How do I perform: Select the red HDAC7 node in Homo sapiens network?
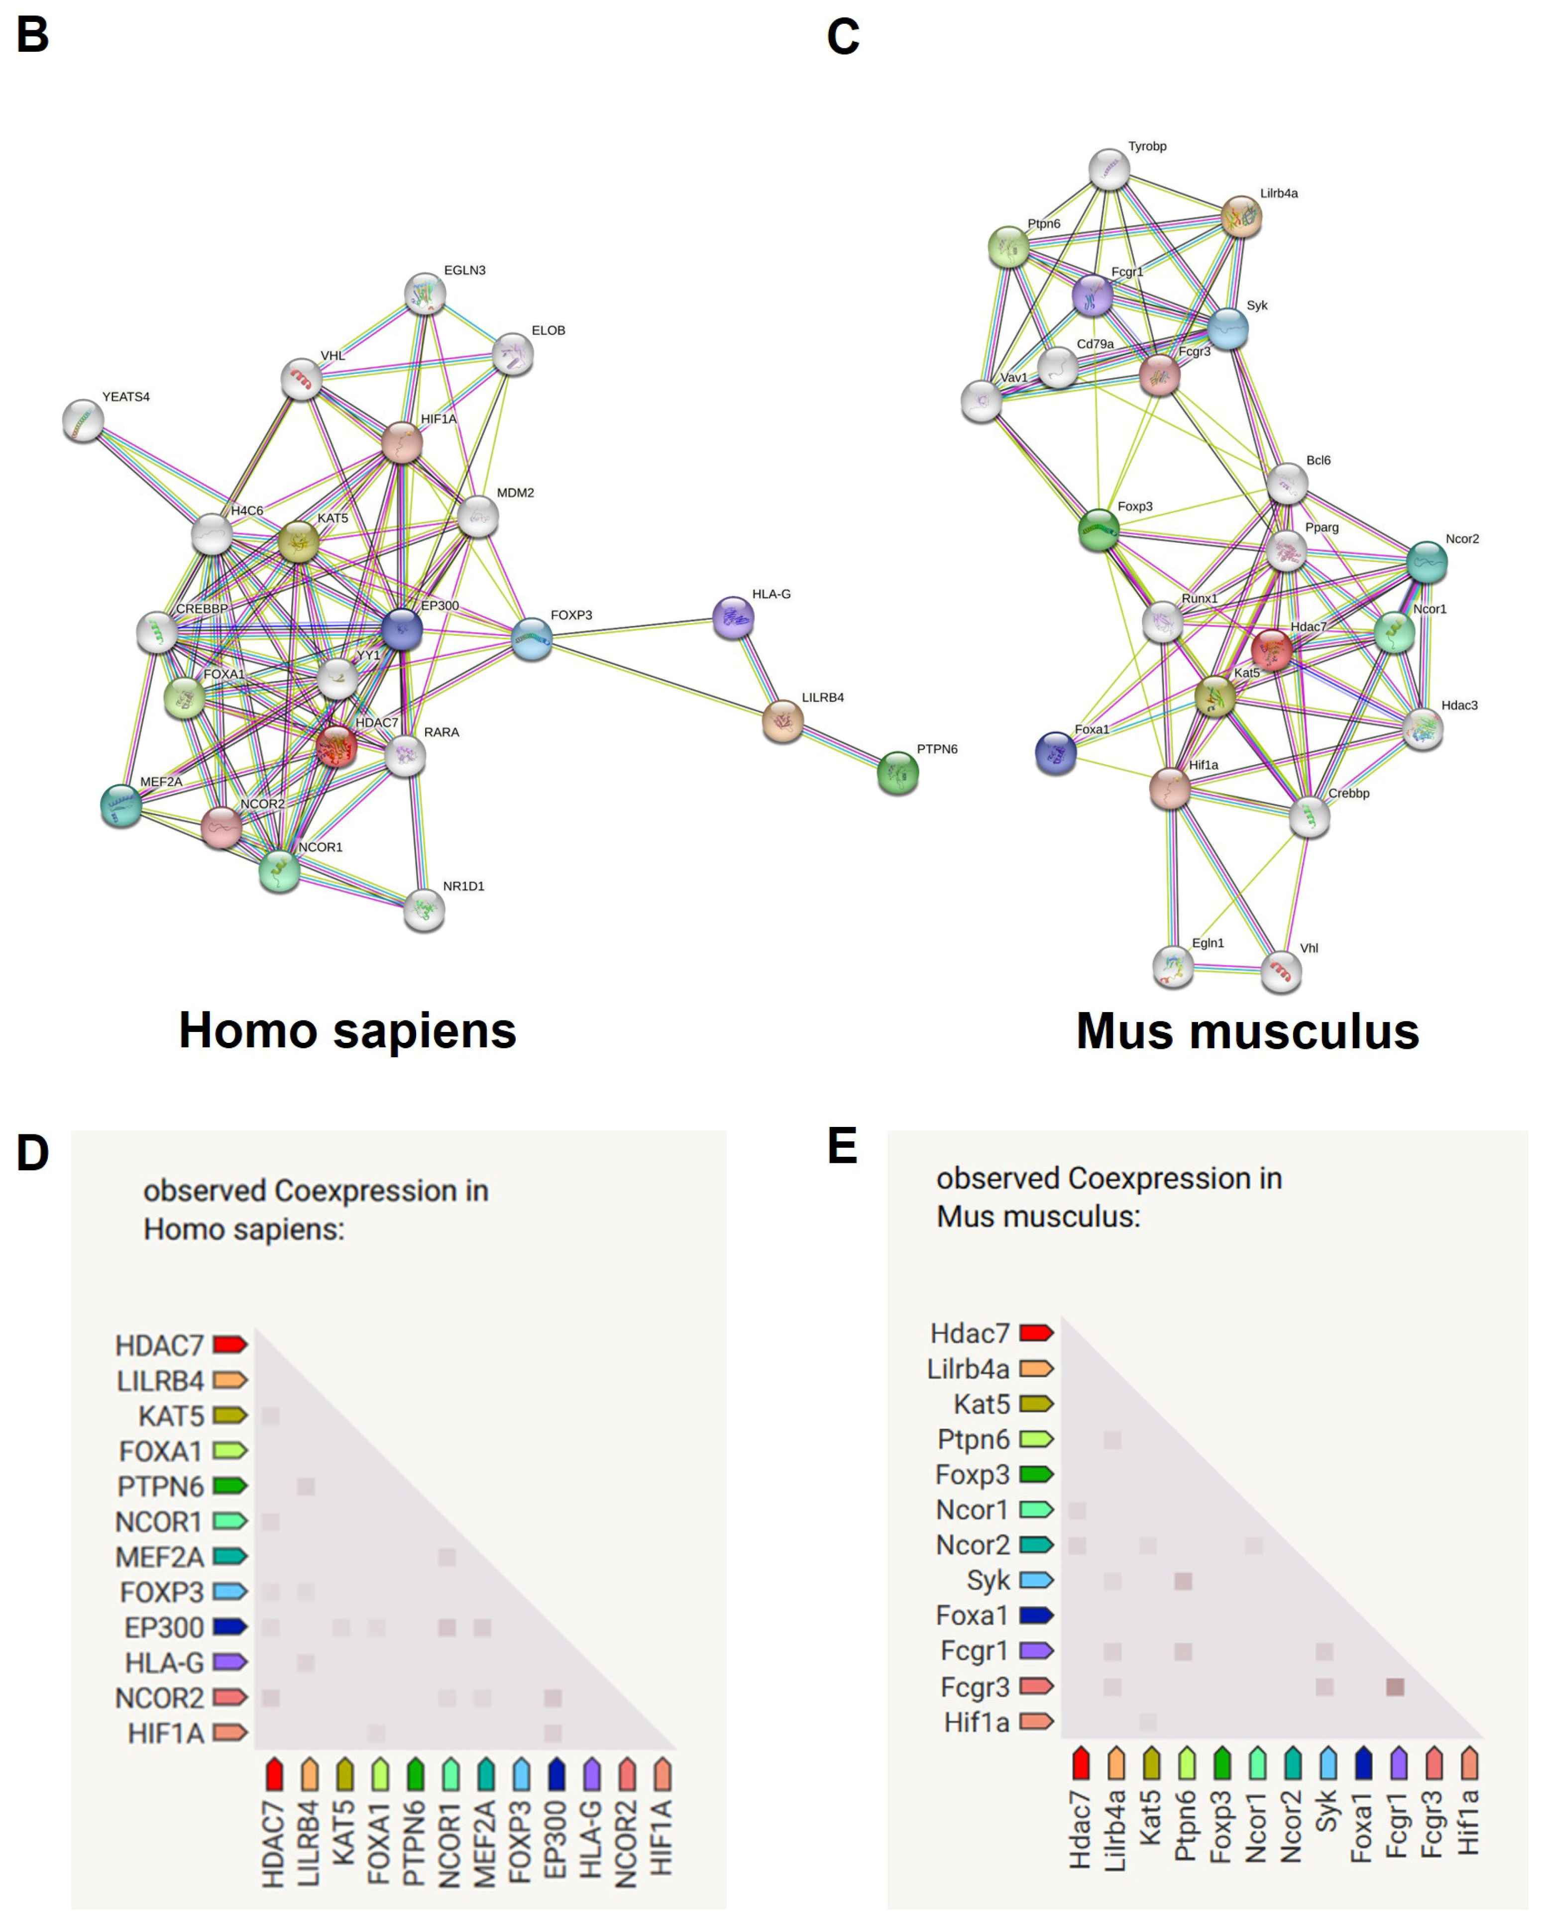[x=336, y=746]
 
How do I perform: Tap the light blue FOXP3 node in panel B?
[x=532, y=639]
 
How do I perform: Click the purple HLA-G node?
[x=733, y=617]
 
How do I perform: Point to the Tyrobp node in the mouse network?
[x=1108, y=170]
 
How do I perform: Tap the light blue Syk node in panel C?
[x=1228, y=329]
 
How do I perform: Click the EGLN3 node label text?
[x=465, y=270]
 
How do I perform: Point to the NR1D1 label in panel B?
[x=463, y=886]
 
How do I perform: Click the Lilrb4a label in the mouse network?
[x=1279, y=193]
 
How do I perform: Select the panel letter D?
[x=32, y=1153]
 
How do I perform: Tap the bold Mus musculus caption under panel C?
[x=1247, y=1030]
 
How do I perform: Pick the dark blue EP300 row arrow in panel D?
[x=230, y=1626]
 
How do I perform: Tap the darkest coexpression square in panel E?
[x=1395, y=1687]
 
